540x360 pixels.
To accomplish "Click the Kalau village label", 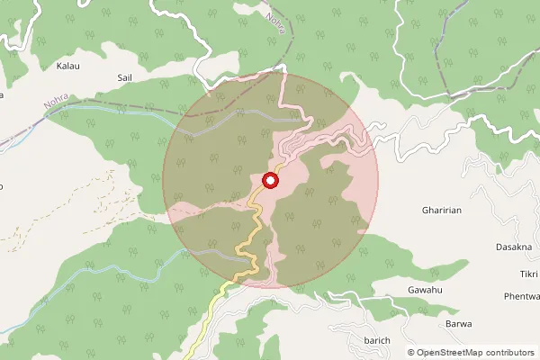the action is (68, 67).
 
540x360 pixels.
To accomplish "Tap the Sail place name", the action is (125, 78).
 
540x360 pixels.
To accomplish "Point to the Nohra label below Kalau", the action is (57, 109).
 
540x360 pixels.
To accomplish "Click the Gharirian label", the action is (441, 210).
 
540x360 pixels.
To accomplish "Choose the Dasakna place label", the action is (514, 246).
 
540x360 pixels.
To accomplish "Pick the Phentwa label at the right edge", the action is (521, 296).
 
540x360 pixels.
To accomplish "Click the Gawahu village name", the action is (425, 291).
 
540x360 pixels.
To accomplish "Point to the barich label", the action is (377, 340).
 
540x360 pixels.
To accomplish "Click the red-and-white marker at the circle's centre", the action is (270, 180).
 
